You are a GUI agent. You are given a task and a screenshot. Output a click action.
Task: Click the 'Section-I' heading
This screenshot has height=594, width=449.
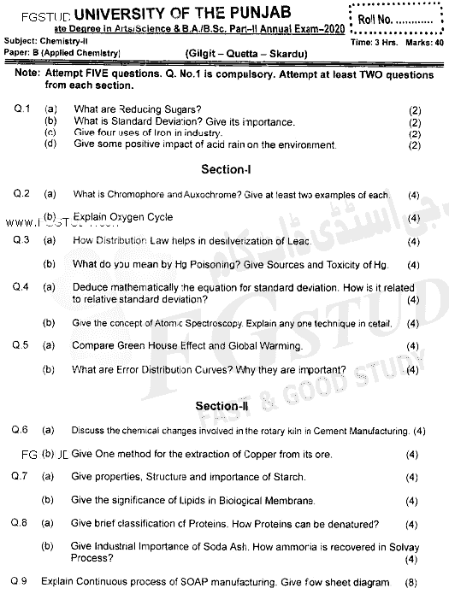225,169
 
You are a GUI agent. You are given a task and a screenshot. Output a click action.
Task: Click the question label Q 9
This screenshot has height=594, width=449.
21,581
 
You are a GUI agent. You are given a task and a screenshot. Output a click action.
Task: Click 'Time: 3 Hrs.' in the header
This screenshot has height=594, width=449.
377,41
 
